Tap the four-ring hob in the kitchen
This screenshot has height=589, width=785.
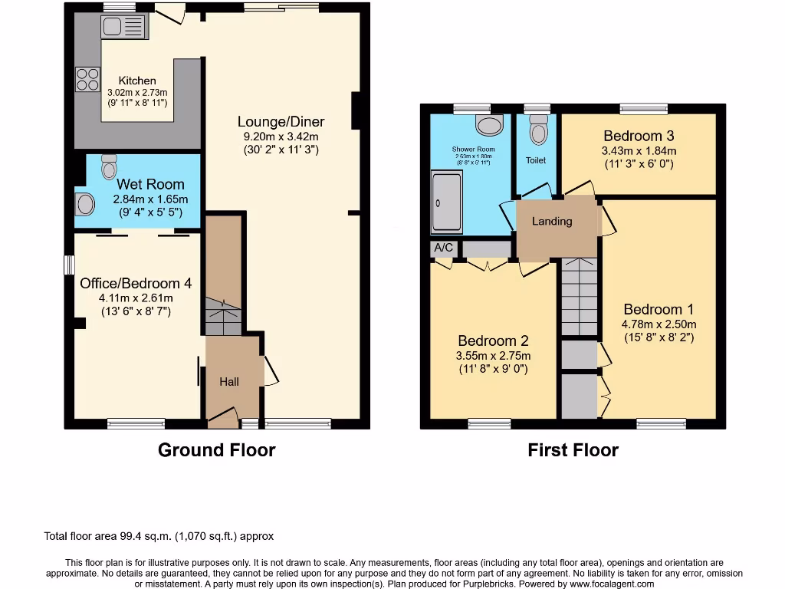(x=87, y=79)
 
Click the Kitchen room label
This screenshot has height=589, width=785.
(x=137, y=81)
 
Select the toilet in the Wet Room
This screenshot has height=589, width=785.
(x=109, y=166)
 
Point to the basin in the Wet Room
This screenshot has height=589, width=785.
(x=84, y=204)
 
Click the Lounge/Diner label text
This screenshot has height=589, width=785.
(x=281, y=121)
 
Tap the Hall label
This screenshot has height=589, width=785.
(x=229, y=381)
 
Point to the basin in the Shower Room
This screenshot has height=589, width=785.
(x=488, y=124)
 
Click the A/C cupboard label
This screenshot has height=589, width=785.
(x=443, y=248)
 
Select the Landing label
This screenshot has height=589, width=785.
(x=552, y=221)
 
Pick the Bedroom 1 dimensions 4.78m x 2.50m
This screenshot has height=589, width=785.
(x=659, y=324)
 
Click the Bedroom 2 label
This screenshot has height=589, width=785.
(x=493, y=341)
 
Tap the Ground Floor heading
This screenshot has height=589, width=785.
(x=216, y=450)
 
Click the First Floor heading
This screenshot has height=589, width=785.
(x=573, y=450)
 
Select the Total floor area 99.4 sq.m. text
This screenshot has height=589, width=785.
(x=159, y=536)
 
